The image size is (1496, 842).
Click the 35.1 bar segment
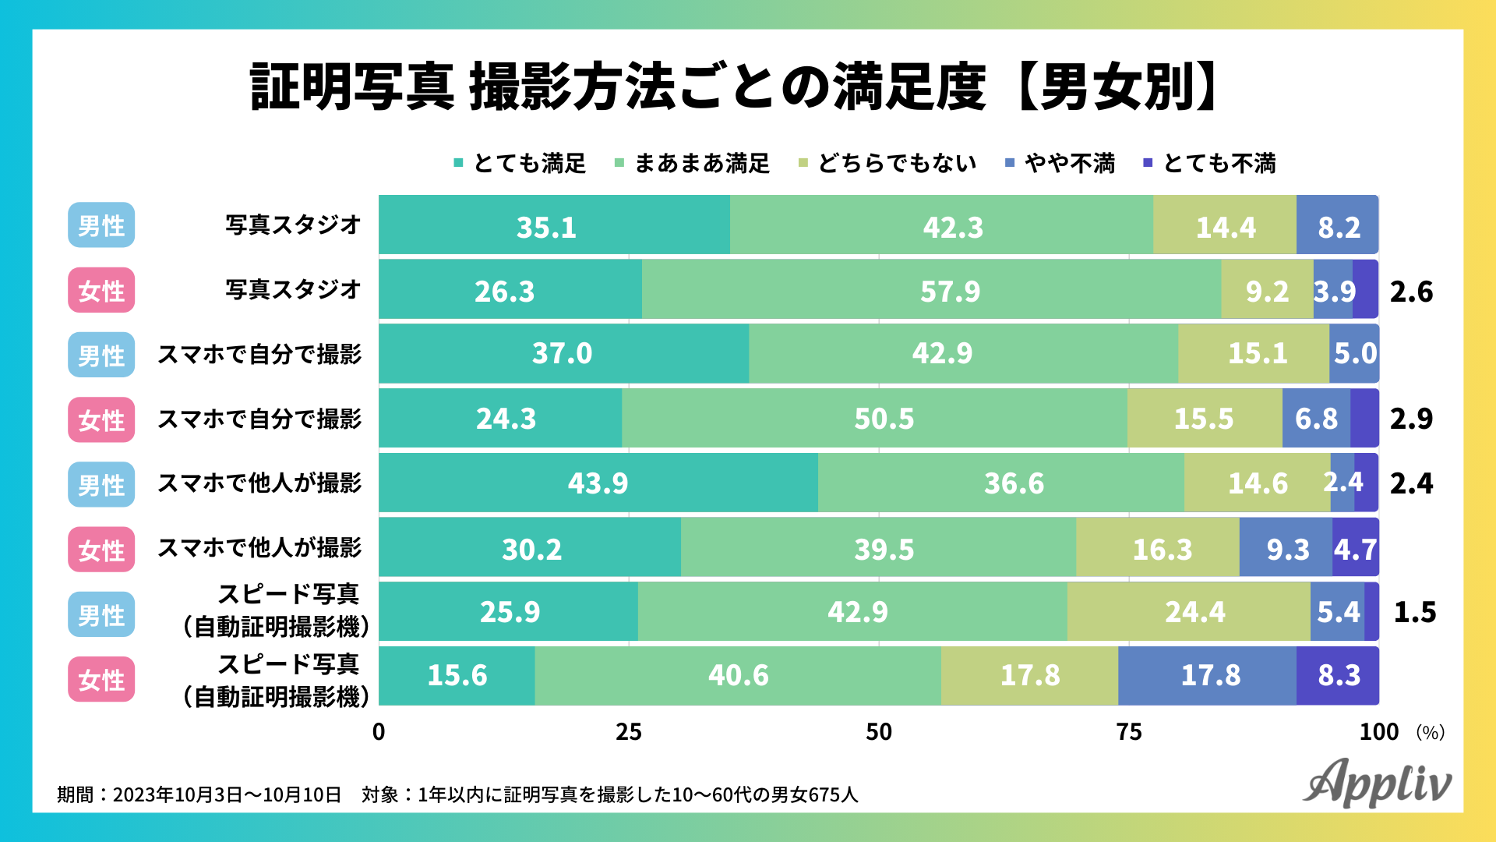pyautogui.click(x=554, y=225)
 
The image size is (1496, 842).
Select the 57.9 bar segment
pyautogui.click(x=931, y=290)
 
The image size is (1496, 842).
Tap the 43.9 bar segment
pyautogui.click(x=598, y=483)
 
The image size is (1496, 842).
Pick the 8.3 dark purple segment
pyautogui.click(x=1338, y=675)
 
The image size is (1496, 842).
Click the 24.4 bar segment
pyautogui.click(x=1189, y=612)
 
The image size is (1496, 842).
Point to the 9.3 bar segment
pyautogui.click(x=1286, y=549)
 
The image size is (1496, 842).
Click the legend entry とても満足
pyautogui.click(x=520, y=164)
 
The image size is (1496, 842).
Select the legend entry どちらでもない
pyautogui.click(x=887, y=164)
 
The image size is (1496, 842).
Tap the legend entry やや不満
pyautogui.click(x=1060, y=164)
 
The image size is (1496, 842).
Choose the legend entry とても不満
pyautogui.click(x=1209, y=164)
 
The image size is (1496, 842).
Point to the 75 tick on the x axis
pyautogui.click(x=1129, y=732)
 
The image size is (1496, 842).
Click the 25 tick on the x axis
pyautogui.click(x=629, y=732)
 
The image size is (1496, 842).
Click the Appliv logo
pyautogui.click(x=1377, y=783)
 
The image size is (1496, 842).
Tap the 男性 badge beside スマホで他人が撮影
pyautogui.click(x=101, y=485)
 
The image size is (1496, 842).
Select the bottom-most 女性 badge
pyautogui.click(x=101, y=679)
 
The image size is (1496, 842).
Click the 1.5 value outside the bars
pyautogui.click(x=1414, y=612)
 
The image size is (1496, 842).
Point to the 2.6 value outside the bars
pyautogui.click(x=1411, y=292)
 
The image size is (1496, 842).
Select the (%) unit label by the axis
pyautogui.click(x=1430, y=732)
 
